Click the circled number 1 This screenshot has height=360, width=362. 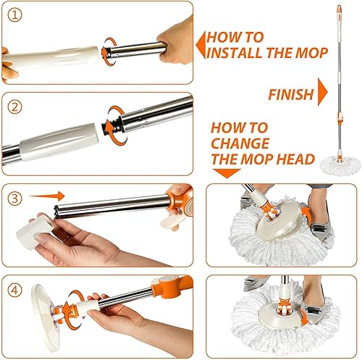[x=14, y=15]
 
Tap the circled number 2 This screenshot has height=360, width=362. [x=14, y=107]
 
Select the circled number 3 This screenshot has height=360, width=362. [x=14, y=198]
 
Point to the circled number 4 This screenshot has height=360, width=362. [x=14, y=290]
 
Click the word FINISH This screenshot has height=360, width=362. [x=291, y=94]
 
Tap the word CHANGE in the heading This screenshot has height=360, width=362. [x=240, y=143]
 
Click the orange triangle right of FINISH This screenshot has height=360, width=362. [x=322, y=92]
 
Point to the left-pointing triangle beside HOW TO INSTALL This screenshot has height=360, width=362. [x=201, y=45]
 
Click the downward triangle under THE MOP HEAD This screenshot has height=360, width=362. [x=227, y=173]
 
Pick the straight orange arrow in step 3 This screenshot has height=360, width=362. [x=47, y=196]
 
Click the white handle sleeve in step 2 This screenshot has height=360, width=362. [x=59, y=142]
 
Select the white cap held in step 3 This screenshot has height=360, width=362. [x=34, y=230]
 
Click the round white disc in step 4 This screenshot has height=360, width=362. [x=45, y=317]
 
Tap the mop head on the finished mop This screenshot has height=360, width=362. [x=340, y=165]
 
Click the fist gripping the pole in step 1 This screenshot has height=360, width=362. [x=176, y=41]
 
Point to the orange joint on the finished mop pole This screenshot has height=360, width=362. [x=340, y=120]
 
